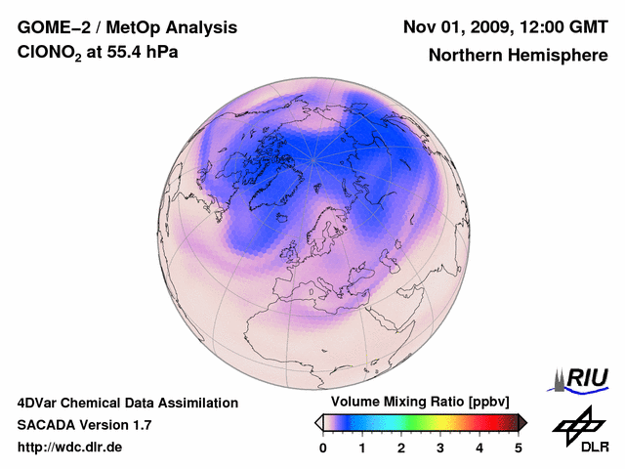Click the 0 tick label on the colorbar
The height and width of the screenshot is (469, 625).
[323, 448]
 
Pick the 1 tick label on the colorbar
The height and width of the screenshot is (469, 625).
[362, 448]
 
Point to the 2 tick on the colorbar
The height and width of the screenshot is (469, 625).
[401, 448]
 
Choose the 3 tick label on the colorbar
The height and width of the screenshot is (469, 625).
[440, 448]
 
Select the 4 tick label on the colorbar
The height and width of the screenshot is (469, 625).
[479, 448]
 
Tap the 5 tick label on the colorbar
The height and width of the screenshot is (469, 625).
[519, 448]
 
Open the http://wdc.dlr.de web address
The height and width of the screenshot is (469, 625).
[69, 448]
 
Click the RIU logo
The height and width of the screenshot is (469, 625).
[584, 377]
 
